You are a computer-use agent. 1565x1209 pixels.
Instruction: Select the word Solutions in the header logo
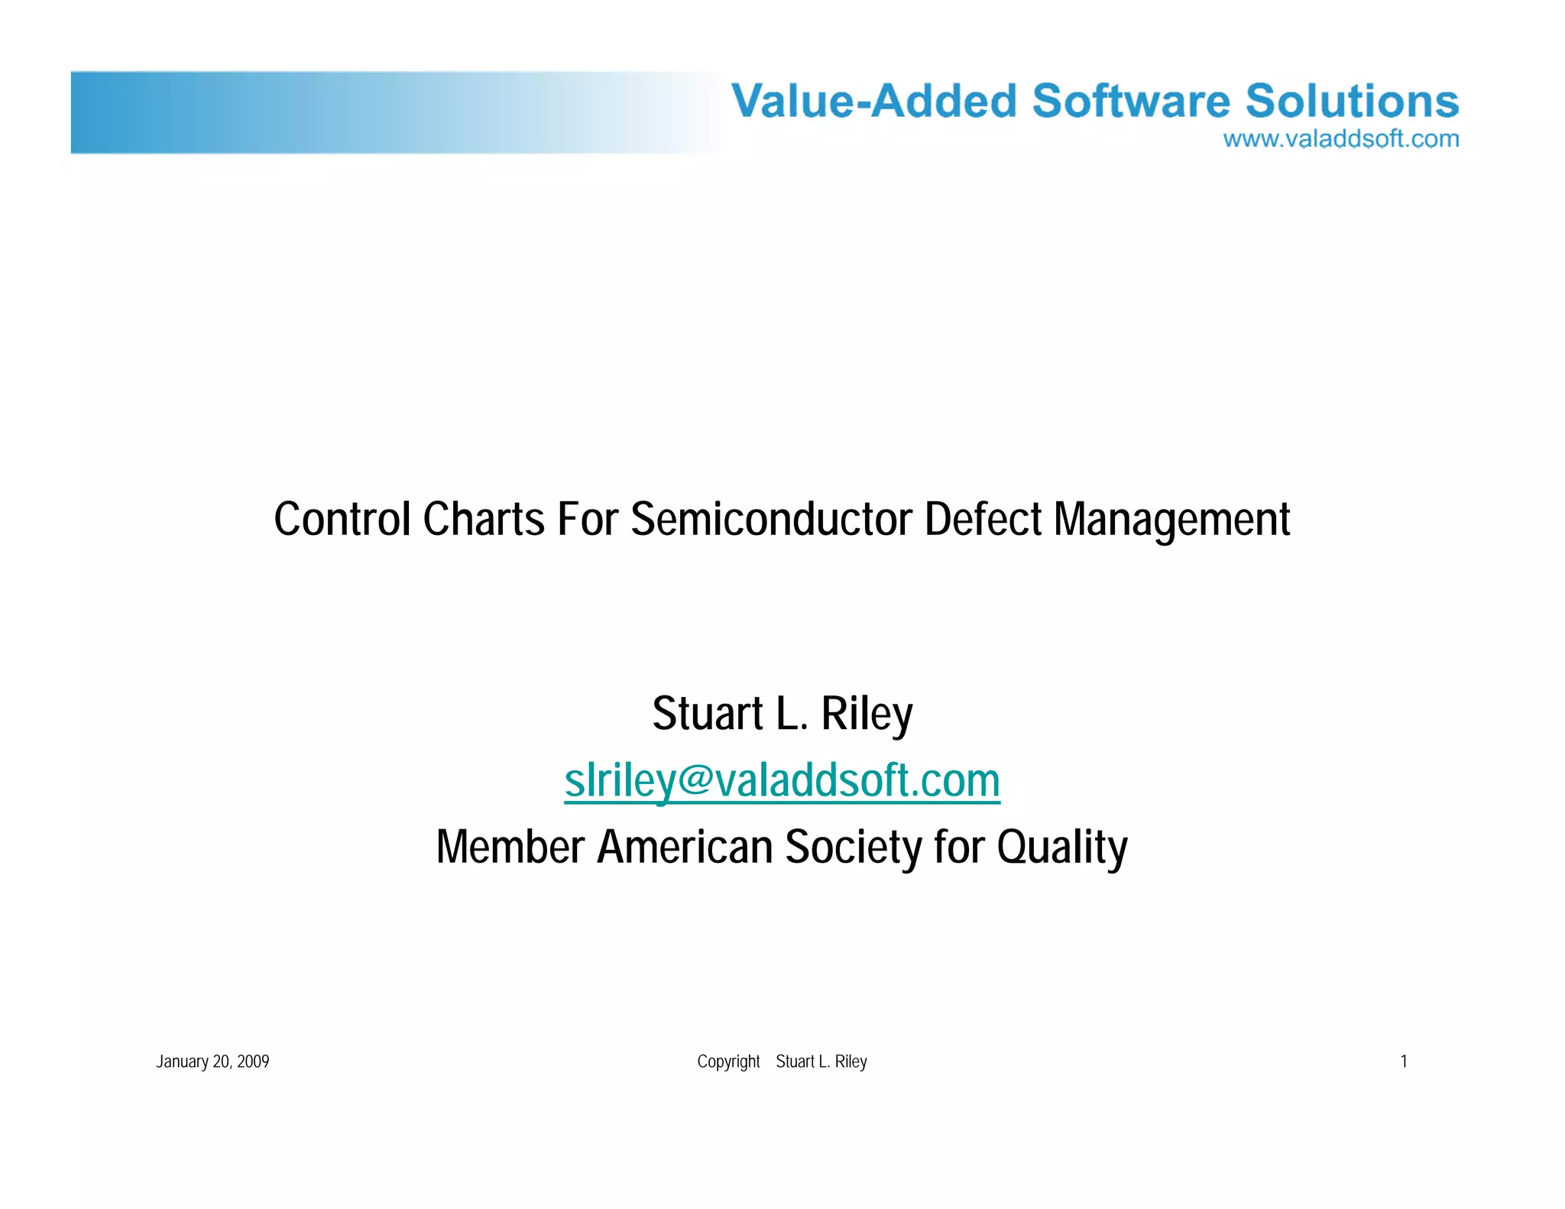1352,101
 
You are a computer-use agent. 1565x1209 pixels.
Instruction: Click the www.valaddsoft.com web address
1340,139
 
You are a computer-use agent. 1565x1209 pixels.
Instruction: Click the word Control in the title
342,520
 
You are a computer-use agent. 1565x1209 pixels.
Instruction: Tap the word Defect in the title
983,520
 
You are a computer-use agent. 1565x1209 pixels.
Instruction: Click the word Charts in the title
484,520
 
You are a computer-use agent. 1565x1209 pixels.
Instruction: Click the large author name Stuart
707,714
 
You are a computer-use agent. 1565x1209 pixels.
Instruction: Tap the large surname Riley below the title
867,715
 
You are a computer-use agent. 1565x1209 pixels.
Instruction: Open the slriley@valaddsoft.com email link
782,781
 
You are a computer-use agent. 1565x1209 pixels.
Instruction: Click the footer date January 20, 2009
212,1062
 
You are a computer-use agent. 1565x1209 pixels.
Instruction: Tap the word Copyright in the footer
728,1062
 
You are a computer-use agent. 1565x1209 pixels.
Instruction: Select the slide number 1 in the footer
1403,1062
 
